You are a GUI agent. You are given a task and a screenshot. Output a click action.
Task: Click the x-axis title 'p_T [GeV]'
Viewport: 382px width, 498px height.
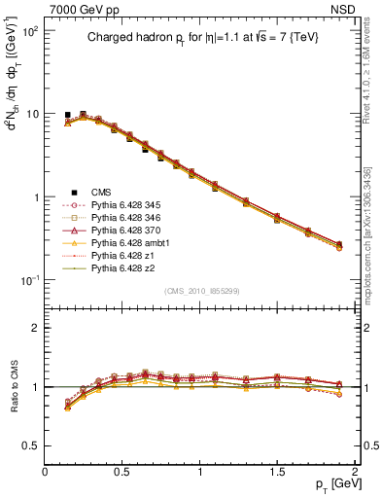pyautogui.click(x=331, y=484)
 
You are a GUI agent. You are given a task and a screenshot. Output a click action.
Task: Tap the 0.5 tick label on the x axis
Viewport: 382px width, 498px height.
pyautogui.click(x=122, y=470)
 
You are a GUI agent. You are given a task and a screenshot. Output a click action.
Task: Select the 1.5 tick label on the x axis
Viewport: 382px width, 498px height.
pyautogui.click(x=278, y=470)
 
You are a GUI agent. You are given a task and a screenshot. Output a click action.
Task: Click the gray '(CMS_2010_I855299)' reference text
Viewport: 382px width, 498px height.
pyautogui.click(x=199, y=290)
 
